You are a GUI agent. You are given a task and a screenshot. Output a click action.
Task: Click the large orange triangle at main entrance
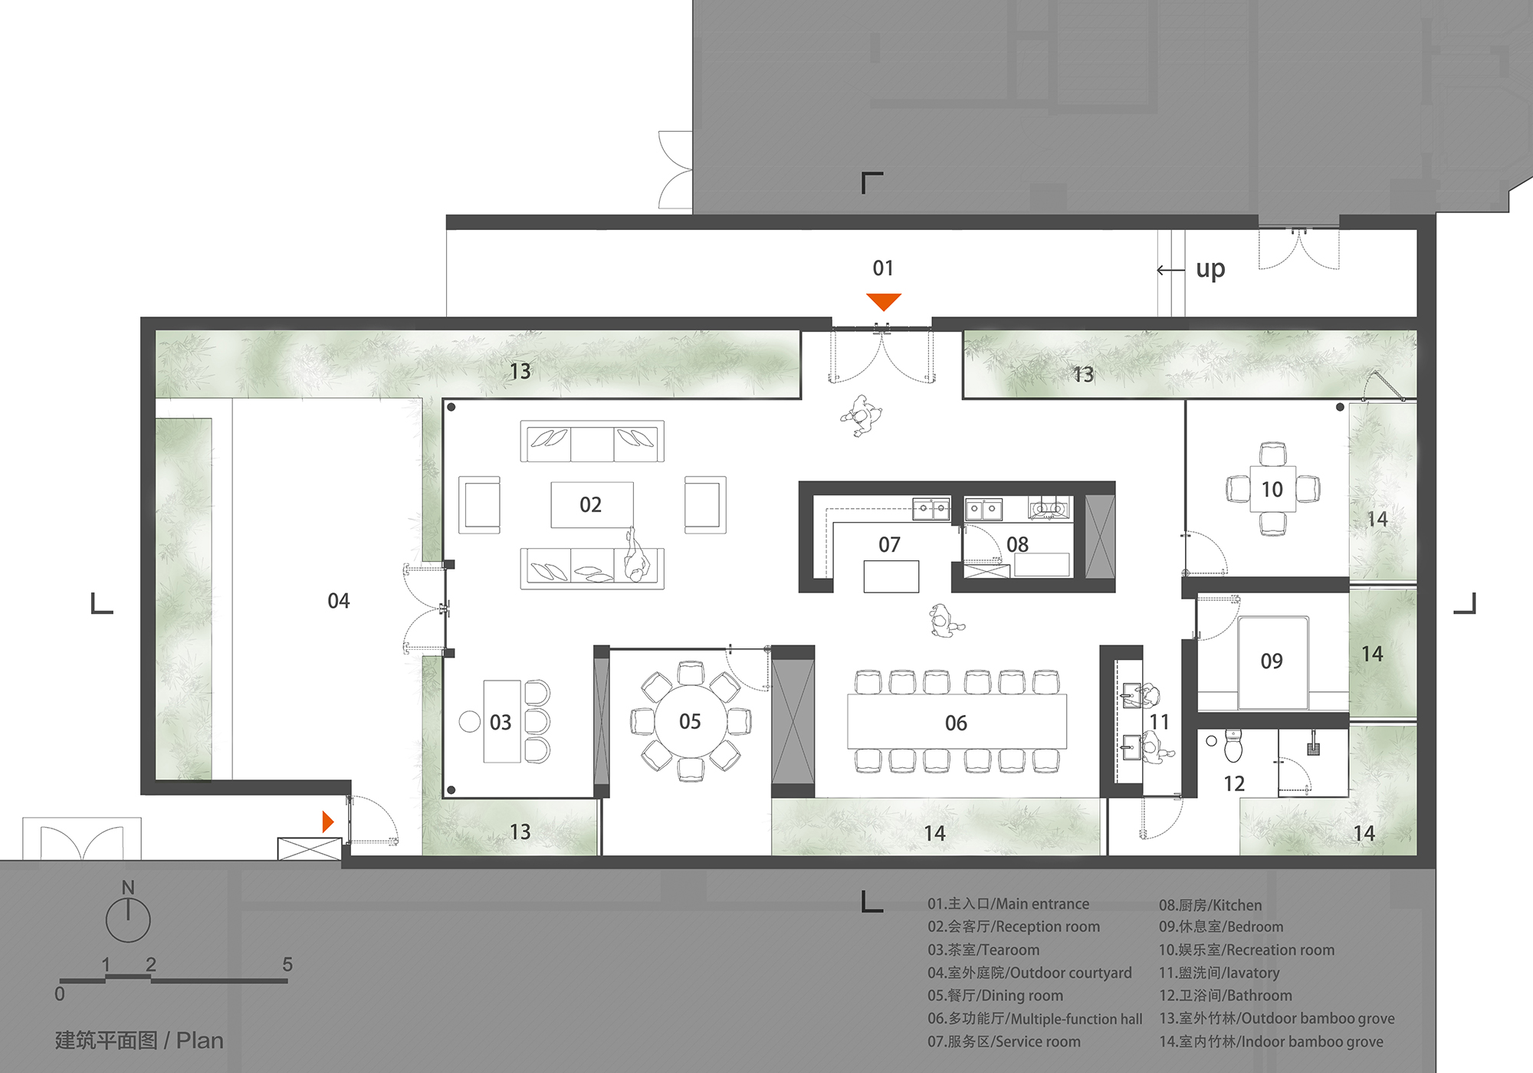pyautogui.click(x=883, y=301)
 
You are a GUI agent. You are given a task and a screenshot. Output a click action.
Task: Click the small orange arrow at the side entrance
pyautogui.click(x=327, y=822)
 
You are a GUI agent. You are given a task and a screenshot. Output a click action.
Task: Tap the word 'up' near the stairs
pyautogui.click(x=1210, y=269)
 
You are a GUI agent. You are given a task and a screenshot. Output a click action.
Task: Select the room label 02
pyautogui.click(x=590, y=504)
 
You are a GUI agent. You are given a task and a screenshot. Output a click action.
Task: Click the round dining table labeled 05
pyautogui.click(x=690, y=721)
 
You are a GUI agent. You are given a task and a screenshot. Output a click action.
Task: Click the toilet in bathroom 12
pyautogui.click(x=1233, y=746)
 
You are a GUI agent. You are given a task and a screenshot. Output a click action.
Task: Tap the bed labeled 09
pyautogui.click(x=1272, y=661)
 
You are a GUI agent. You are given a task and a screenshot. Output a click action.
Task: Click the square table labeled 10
pyautogui.click(x=1272, y=489)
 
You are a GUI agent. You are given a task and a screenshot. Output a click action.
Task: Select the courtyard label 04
pyautogui.click(x=338, y=601)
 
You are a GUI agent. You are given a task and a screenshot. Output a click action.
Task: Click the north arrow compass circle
pyautogui.click(x=128, y=920)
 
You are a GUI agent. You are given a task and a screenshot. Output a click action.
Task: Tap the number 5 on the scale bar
pyautogui.click(x=287, y=964)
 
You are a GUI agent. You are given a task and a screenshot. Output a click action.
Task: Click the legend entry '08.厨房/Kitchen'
pyautogui.click(x=1210, y=905)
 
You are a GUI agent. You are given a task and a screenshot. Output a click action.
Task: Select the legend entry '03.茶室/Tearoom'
pyautogui.click(x=983, y=950)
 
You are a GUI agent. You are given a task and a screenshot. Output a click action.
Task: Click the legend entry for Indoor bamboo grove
pyautogui.click(x=1271, y=1042)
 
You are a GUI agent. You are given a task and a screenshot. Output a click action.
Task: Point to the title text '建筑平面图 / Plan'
pyautogui.click(x=140, y=1040)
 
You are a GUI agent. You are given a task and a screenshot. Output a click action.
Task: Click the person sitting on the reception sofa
pyautogui.click(x=635, y=558)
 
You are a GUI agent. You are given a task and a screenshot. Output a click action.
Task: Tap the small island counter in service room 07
pyautogui.click(x=891, y=576)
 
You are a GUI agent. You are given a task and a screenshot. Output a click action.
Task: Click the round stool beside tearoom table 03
pyautogui.click(x=469, y=721)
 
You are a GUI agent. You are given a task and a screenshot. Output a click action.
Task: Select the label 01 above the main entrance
pyautogui.click(x=883, y=268)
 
